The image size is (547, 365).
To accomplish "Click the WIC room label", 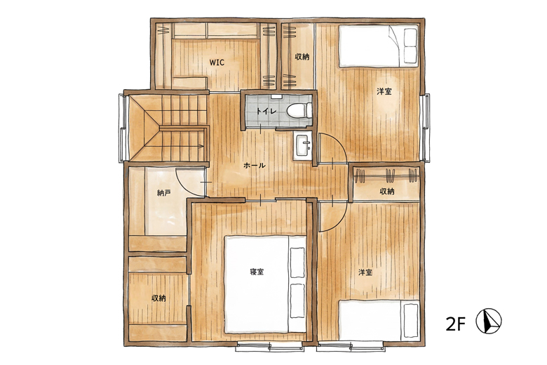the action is tap(217, 62).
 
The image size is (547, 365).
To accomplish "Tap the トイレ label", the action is tap(266, 112).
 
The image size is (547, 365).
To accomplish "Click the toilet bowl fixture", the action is tap(299, 111).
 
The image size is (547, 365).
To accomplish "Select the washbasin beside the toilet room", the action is tap(302, 147).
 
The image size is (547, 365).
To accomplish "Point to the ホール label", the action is tap(255, 166).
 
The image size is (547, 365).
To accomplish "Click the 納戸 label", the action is tap(163, 192).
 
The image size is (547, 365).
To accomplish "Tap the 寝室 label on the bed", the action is tap(257, 272).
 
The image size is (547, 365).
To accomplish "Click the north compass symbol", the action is tap(489, 321).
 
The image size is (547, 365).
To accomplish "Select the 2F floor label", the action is tap(456, 324).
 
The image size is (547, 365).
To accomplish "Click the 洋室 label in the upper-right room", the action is tap(384, 91).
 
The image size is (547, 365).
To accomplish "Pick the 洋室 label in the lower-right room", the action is tap(365, 272).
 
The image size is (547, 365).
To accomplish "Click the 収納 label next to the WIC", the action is tap(302, 57).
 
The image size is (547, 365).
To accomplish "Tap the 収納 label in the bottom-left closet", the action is tap(158, 298).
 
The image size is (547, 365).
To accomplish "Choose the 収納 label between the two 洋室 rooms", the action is tap(387, 191).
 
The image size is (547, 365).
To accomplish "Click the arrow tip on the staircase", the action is tap(203, 147).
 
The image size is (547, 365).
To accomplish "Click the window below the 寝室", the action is tap(270, 346).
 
